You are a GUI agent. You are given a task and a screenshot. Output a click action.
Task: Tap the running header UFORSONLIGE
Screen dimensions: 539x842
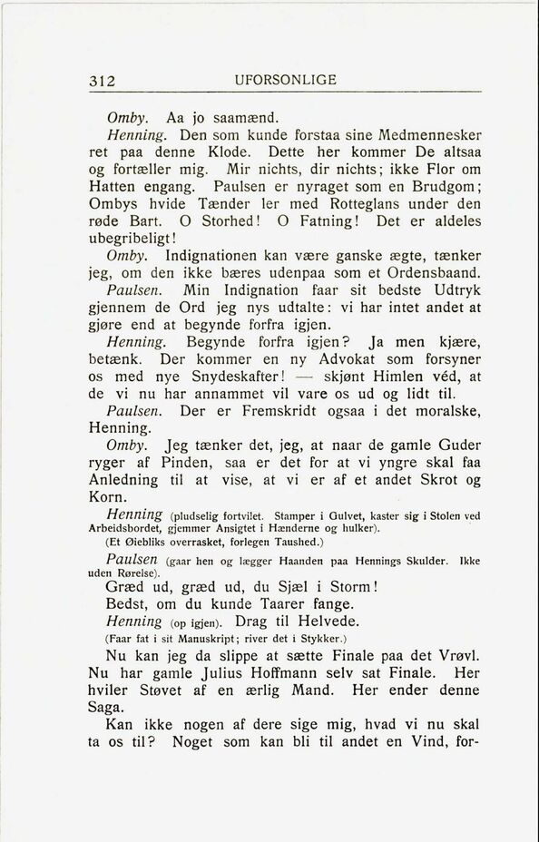[284, 79]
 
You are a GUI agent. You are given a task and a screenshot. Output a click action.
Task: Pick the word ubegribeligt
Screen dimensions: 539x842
[145, 238]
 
